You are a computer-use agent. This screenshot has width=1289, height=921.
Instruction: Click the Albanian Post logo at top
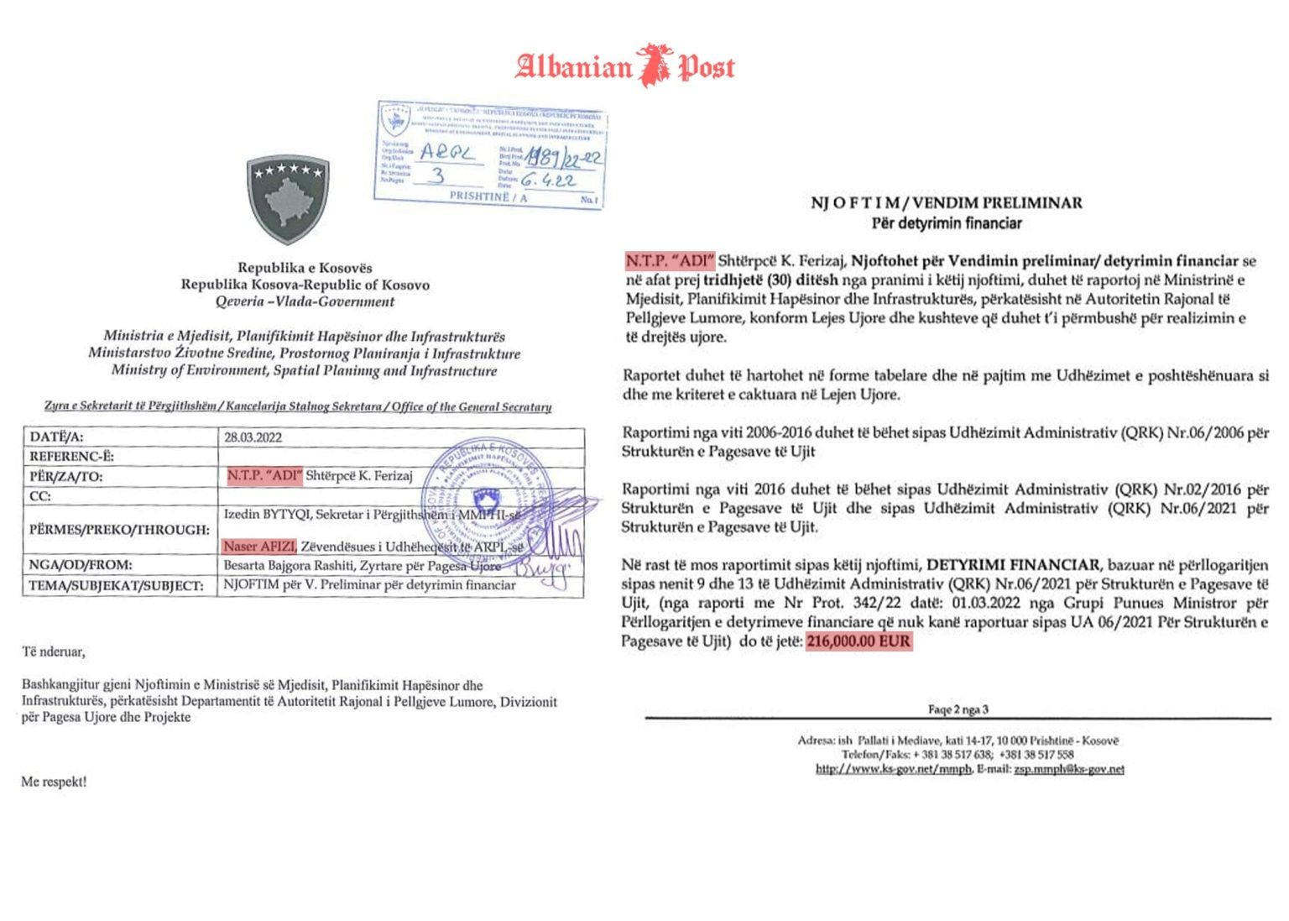click(625, 65)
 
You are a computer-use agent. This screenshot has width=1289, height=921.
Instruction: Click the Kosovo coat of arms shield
click(288, 197)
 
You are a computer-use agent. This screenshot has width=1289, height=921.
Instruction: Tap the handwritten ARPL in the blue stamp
click(446, 152)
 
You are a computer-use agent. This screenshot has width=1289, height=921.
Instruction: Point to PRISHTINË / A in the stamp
click(488, 196)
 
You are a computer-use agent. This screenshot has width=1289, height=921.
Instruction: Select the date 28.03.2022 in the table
click(253, 437)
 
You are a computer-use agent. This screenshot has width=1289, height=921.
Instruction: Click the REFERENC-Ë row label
click(71, 457)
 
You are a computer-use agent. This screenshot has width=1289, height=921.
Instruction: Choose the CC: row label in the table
click(40, 496)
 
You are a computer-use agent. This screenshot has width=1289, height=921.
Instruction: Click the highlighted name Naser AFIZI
click(259, 547)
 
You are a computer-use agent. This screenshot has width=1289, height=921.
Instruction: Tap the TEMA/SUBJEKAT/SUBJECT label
click(116, 585)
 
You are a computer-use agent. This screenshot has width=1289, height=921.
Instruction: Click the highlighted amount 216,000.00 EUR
click(858, 641)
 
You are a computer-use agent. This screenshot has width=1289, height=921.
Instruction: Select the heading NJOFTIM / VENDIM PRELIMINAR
click(946, 203)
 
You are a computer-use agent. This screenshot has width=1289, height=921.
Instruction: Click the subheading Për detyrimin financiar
click(946, 223)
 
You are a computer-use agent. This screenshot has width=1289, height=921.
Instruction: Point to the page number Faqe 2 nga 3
click(958, 709)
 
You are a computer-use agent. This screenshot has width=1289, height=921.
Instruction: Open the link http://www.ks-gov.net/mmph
click(893, 769)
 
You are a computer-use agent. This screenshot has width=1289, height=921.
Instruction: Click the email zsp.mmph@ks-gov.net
click(1068, 769)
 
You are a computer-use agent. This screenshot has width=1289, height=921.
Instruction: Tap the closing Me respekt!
click(54, 782)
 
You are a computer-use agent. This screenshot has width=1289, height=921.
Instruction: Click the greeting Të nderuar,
click(53, 652)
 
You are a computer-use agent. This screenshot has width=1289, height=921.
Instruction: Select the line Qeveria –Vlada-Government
click(305, 301)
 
